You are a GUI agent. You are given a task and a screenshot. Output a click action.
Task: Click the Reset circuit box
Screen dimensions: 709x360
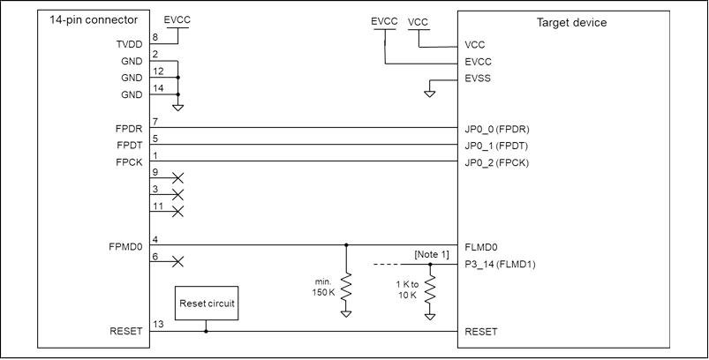point(207,303)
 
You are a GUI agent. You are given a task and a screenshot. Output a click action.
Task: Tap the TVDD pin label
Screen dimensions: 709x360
point(129,44)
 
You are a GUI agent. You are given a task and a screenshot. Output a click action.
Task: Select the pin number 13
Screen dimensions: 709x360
point(158,324)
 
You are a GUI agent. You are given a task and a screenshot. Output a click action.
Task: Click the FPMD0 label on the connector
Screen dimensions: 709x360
point(125,247)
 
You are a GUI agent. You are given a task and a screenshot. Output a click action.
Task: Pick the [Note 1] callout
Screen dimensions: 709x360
point(432,255)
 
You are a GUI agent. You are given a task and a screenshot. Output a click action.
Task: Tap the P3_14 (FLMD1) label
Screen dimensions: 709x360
point(500,265)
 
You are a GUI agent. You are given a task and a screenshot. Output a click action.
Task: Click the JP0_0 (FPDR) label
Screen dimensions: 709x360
point(497,129)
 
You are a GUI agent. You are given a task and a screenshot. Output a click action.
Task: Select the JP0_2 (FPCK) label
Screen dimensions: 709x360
point(497,163)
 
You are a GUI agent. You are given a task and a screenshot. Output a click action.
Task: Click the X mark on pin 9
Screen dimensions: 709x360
point(178,178)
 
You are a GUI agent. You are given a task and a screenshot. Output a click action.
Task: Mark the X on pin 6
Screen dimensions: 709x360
point(178,261)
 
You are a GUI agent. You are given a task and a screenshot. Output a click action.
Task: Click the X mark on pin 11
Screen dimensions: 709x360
point(178,212)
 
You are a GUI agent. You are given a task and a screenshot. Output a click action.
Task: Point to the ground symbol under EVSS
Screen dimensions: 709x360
point(430,94)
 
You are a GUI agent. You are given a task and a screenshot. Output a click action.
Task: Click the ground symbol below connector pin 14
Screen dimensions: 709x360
point(178,108)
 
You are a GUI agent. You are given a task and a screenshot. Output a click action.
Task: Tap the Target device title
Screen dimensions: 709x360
point(571,23)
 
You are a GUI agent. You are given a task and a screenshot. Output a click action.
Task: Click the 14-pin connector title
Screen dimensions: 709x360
point(94,20)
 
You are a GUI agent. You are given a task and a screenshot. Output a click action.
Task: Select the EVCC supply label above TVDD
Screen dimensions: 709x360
point(177,20)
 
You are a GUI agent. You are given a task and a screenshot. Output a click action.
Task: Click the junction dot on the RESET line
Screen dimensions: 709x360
point(207,331)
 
